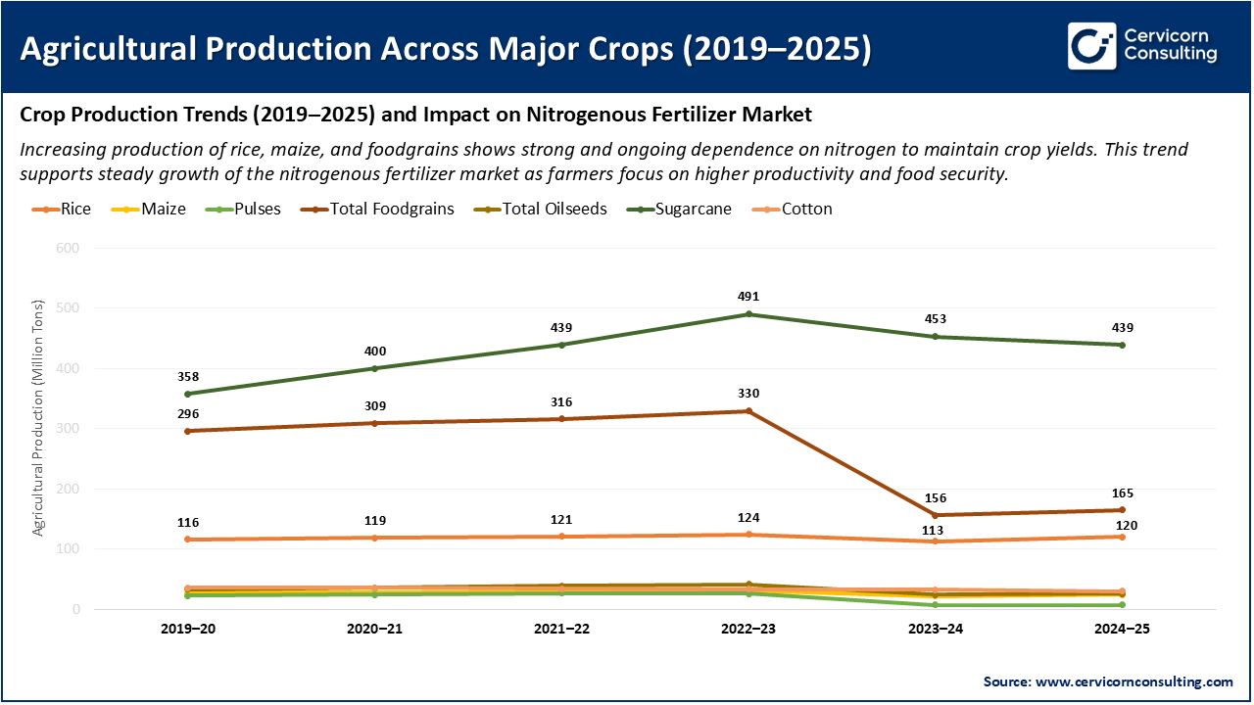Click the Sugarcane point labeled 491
point(748,314)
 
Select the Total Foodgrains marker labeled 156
point(936,515)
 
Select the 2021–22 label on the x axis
point(561,630)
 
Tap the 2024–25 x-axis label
point(1122,630)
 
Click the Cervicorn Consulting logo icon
point(1091,46)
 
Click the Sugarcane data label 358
point(188,376)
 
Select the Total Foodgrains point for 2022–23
point(748,411)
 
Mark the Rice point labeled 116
point(188,540)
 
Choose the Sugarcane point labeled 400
point(374,368)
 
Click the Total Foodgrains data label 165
point(1122,493)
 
